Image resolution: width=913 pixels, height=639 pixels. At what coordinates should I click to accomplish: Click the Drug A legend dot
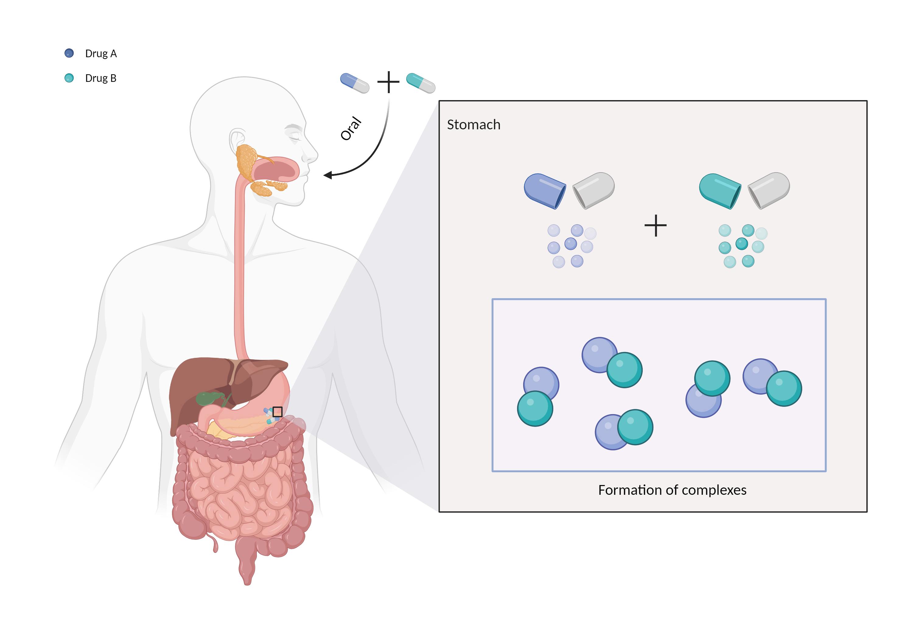point(69,53)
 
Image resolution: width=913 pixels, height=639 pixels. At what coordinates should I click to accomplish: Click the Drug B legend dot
point(69,78)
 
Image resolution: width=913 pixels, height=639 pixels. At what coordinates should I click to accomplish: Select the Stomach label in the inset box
point(473,125)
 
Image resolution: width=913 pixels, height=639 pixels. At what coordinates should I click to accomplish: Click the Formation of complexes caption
point(672,490)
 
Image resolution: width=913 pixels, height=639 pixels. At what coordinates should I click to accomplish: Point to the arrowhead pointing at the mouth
point(328,175)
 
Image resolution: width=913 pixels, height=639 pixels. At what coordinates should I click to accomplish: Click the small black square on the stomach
point(277,412)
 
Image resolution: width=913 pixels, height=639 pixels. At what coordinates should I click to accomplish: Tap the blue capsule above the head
point(354,83)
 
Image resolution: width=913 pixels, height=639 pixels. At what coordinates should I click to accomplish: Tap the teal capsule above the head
point(420,83)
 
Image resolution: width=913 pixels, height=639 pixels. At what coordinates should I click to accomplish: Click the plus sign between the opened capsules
point(655,226)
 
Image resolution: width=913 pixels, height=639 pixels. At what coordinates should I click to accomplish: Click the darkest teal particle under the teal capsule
point(742,243)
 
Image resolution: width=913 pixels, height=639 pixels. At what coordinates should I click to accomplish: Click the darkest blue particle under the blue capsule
point(571,243)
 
